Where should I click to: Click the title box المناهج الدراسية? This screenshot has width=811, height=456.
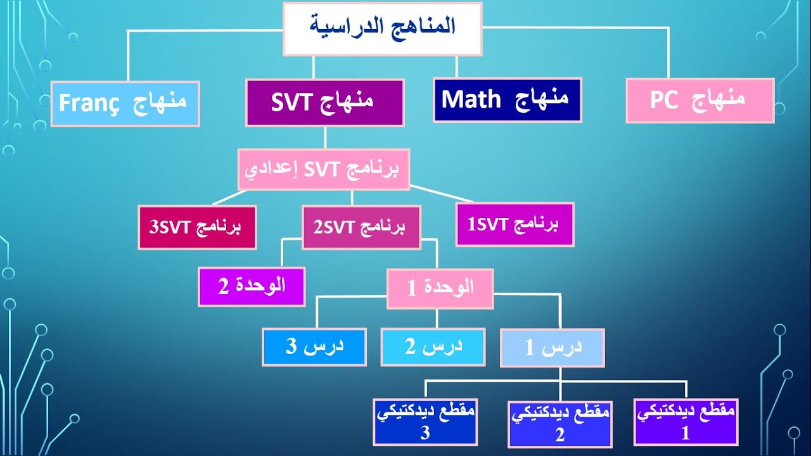point(382,28)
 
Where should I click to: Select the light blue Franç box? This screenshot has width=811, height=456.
point(125,103)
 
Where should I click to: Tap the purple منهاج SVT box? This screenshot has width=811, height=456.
point(324,102)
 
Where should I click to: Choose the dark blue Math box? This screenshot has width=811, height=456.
point(507,99)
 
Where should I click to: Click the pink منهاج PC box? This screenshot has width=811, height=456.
point(699,100)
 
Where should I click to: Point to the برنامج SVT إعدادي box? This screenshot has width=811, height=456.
point(324,169)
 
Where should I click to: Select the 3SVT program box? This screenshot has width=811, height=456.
point(197,227)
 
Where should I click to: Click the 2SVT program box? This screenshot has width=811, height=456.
point(361,227)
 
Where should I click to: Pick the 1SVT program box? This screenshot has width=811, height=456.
point(514,224)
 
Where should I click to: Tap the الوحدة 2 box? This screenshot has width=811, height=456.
point(252,286)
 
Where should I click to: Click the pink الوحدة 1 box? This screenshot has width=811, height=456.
point(440,289)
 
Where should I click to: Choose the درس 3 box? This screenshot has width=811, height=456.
point(314,346)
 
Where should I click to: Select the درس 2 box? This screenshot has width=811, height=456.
point(433,346)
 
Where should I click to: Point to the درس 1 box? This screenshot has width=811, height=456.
point(552,347)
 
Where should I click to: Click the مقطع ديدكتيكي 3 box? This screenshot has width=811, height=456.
point(425,422)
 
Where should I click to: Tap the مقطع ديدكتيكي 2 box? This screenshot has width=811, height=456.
point(559,424)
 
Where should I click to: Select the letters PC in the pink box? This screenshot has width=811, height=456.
point(663,100)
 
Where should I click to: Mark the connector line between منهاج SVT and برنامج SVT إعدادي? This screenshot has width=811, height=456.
point(324,137)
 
